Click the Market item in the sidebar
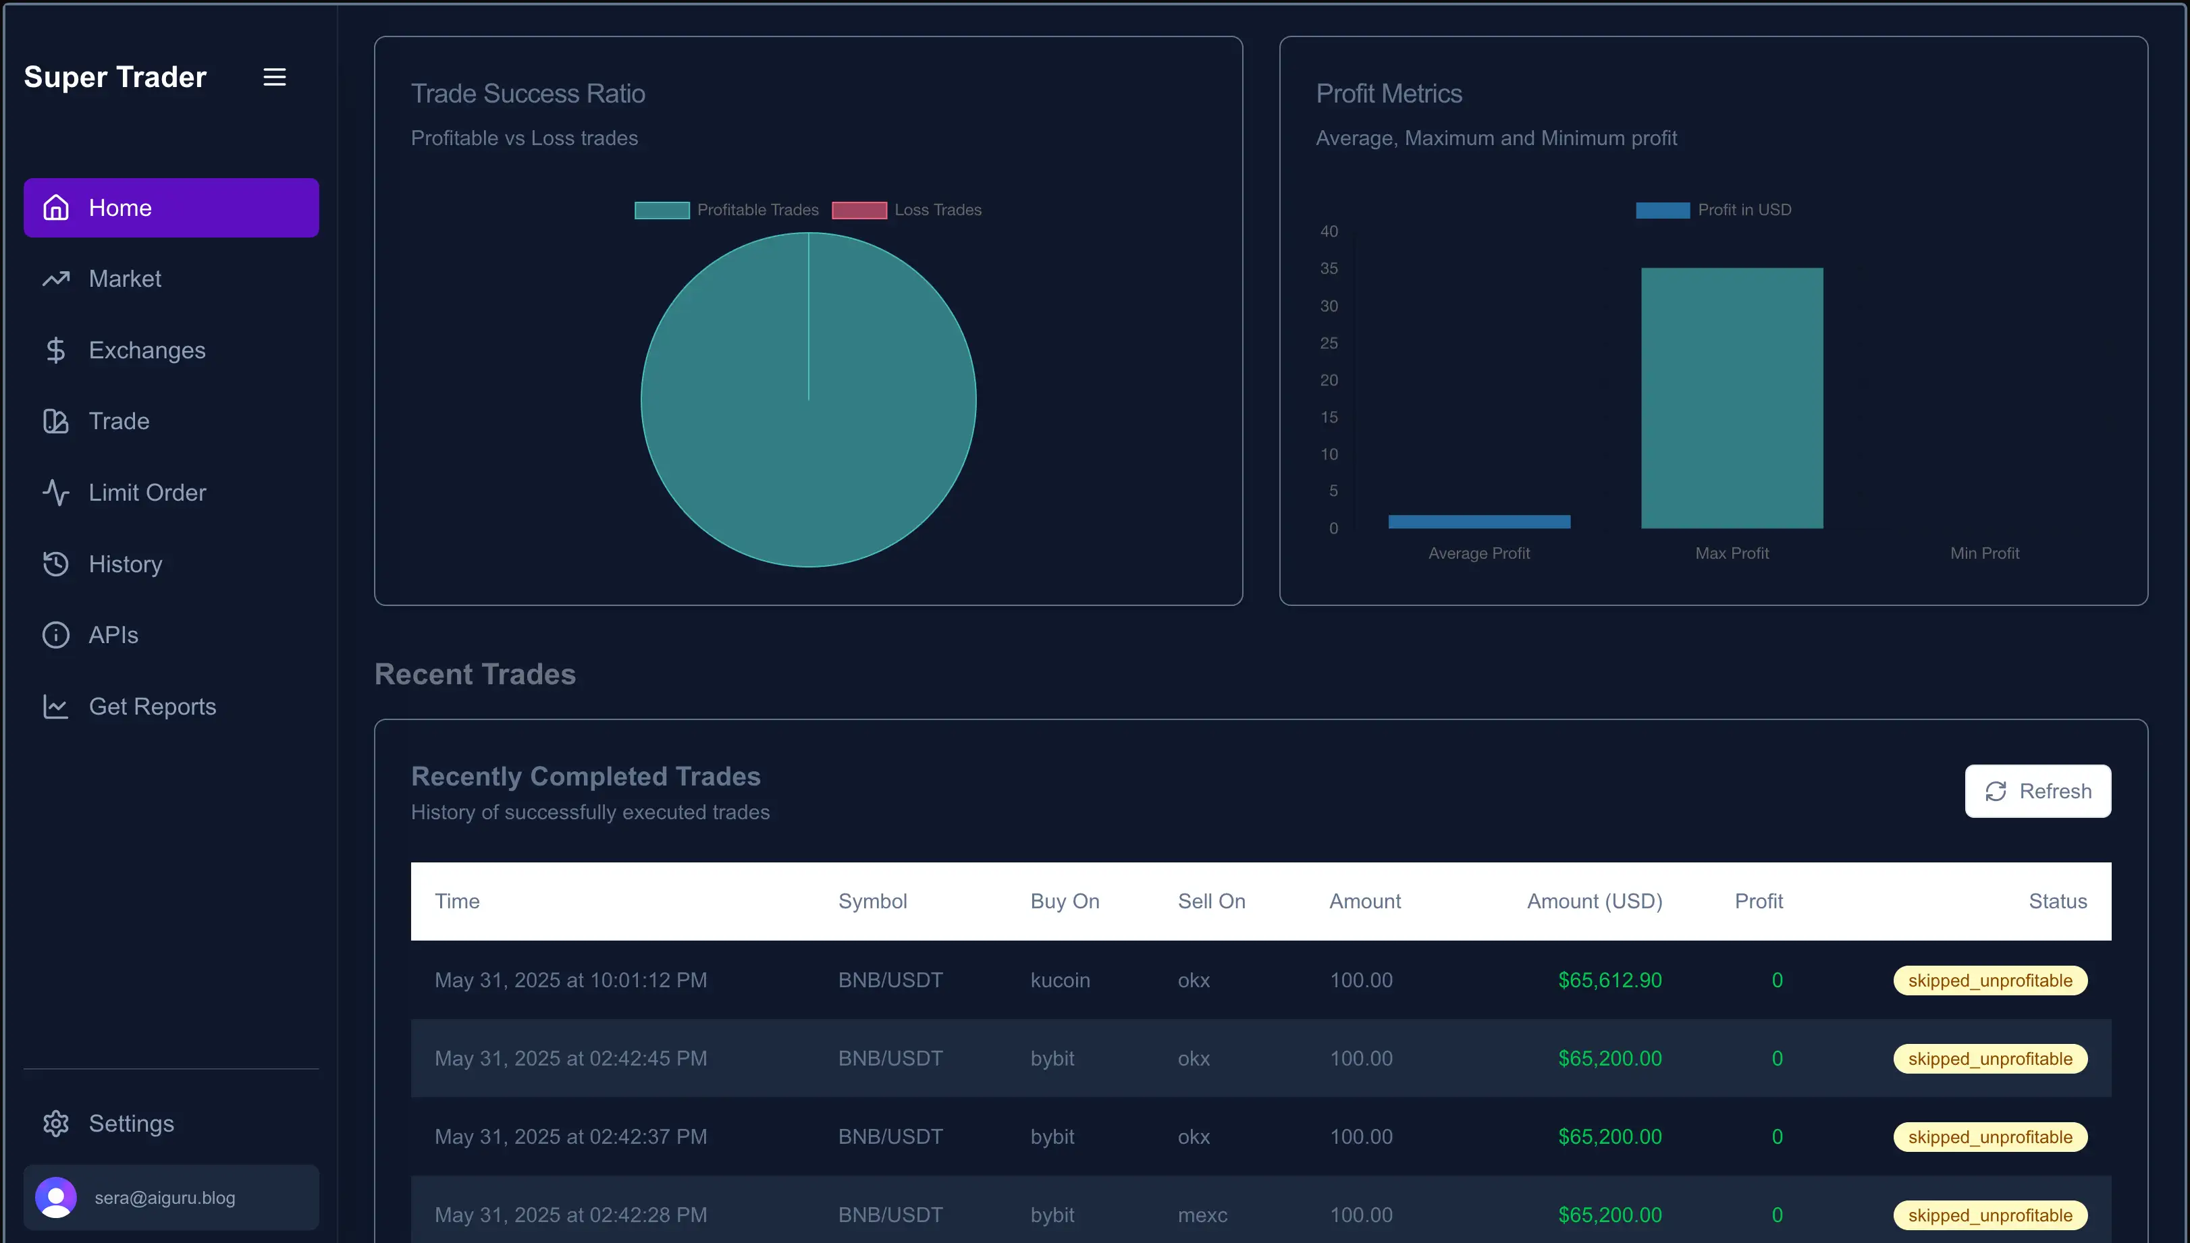coord(125,279)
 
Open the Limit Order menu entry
coord(147,493)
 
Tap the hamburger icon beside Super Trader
coord(274,77)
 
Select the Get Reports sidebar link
coord(152,707)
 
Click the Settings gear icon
coord(56,1124)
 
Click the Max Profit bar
coord(1732,398)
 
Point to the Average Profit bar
coord(1478,522)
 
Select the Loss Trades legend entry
coord(907,210)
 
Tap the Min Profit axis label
coord(1984,553)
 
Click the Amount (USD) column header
coord(1594,902)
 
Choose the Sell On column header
coord(1210,902)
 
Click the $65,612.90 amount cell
coord(1609,980)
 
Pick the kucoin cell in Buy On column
coord(1060,980)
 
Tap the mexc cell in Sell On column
coord(1202,1215)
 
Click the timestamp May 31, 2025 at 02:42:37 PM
coord(570,1137)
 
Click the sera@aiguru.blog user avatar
coord(56,1198)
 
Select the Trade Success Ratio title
coord(528,94)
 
